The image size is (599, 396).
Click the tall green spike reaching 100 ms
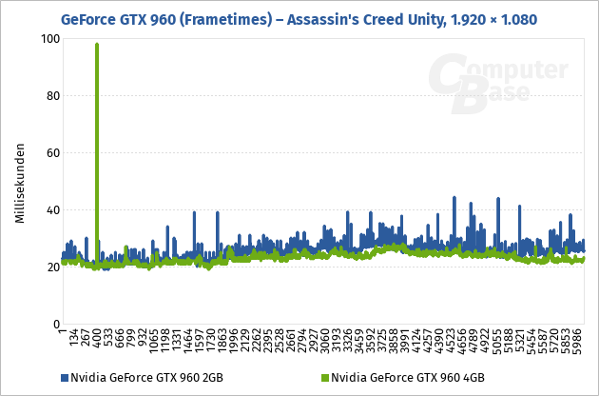click(97, 57)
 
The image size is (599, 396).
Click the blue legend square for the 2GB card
click(65, 378)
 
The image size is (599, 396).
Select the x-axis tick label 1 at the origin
click(62, 335)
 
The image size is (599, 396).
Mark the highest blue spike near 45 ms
click(454, 198)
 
